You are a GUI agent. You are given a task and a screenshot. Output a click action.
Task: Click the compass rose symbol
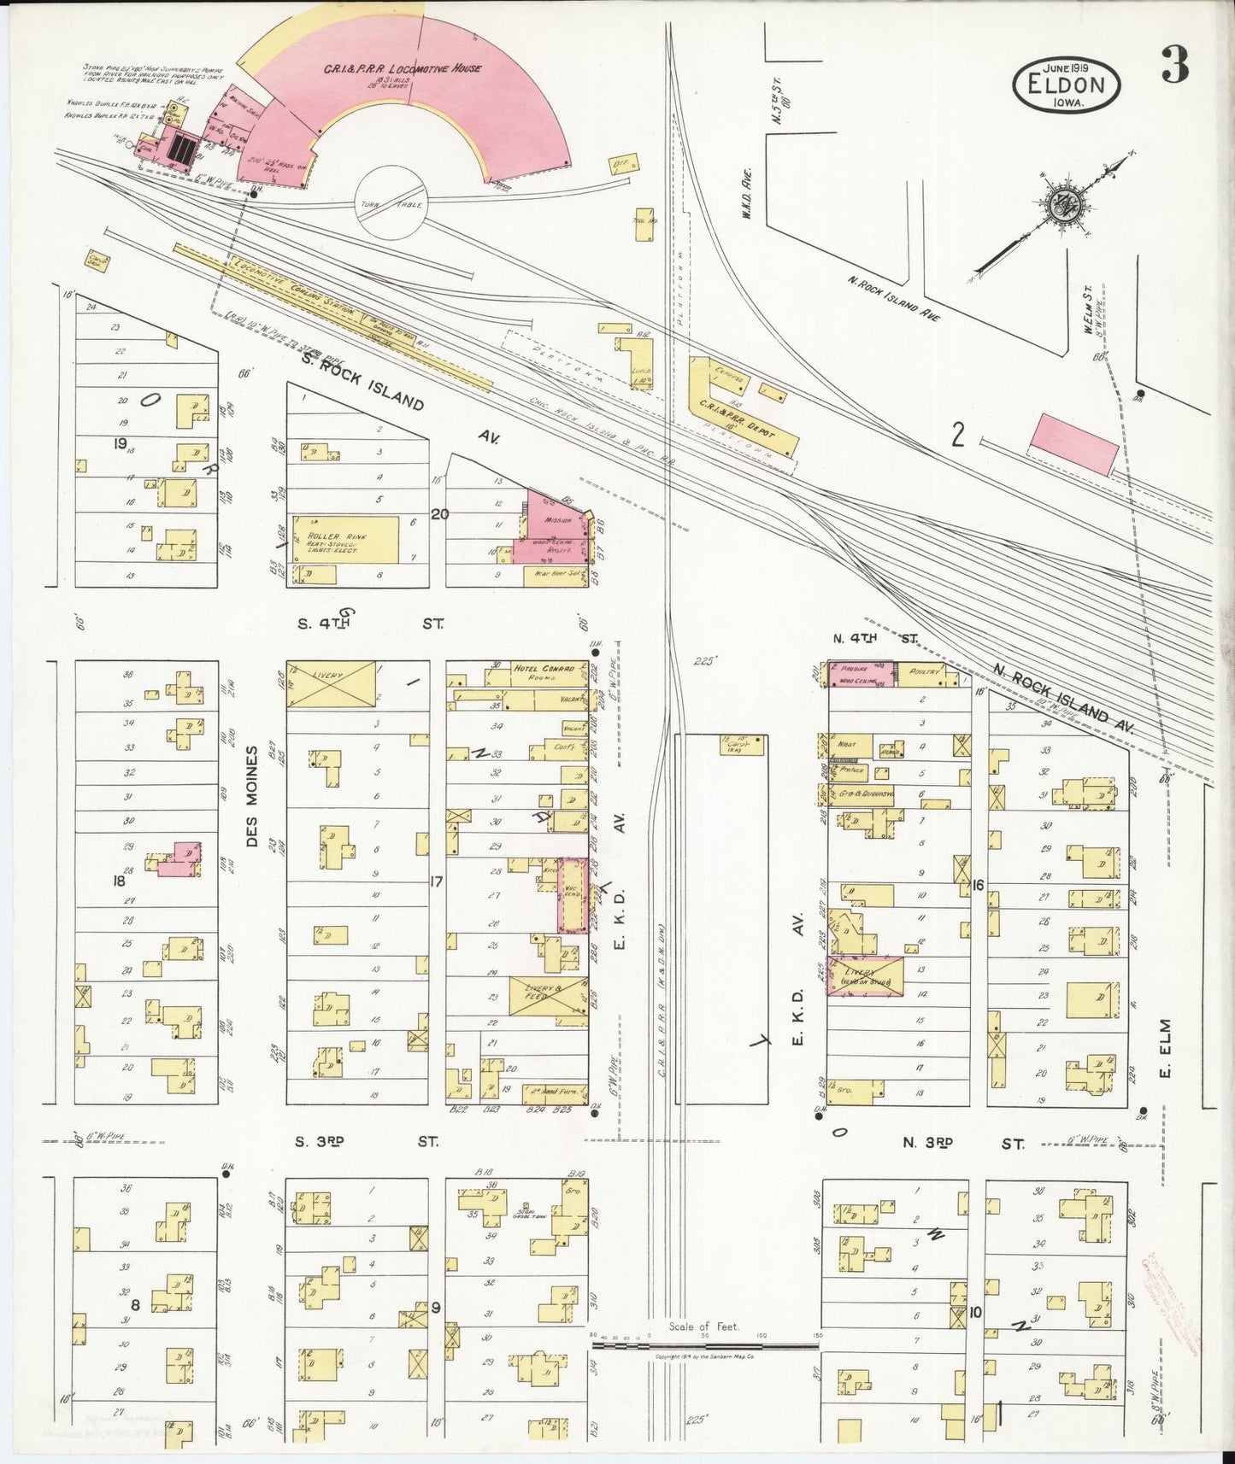tap(1064, 203)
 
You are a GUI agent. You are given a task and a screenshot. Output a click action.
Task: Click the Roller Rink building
tap(345, 539)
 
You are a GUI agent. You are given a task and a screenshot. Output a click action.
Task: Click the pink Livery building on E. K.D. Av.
tap(865, 975)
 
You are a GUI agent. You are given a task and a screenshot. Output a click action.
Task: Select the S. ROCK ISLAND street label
tap(362, 384)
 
